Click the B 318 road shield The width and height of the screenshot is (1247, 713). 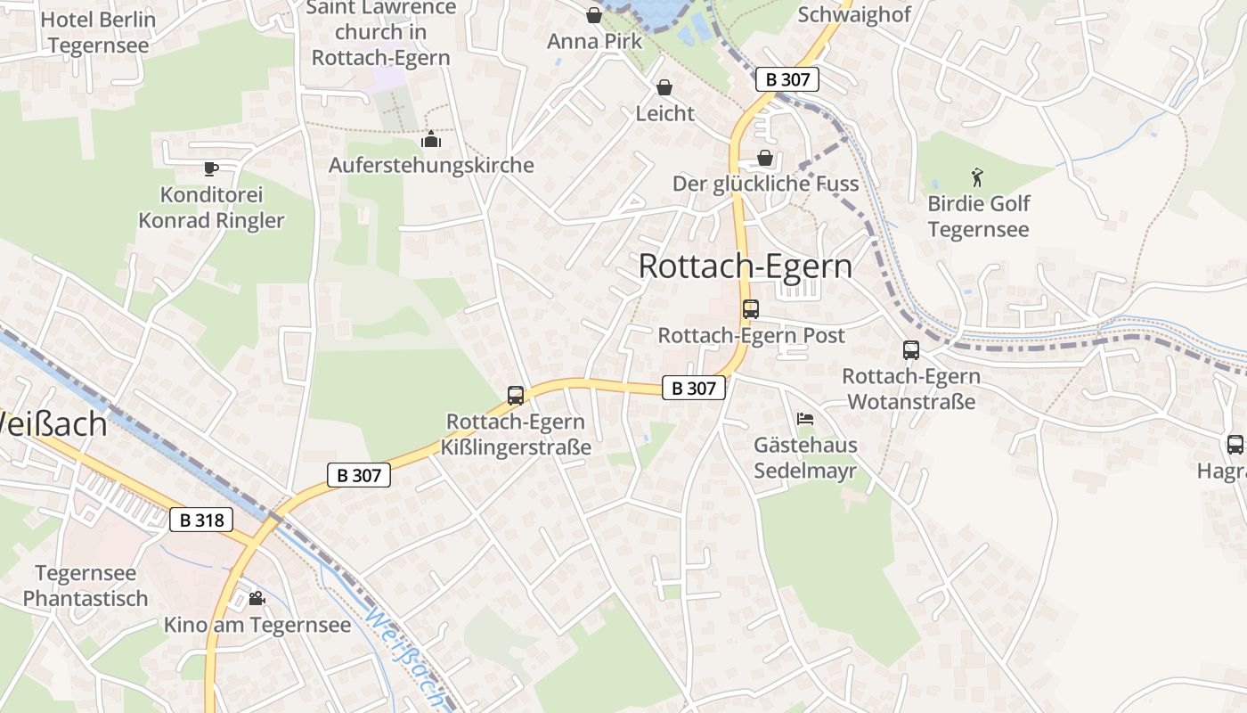[201, 520]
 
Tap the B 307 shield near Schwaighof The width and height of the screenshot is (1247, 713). [787, 79]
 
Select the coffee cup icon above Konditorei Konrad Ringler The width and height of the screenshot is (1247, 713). [210, 168]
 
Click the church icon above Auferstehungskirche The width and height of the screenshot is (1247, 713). [431, 139]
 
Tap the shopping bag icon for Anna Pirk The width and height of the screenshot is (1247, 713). [594, 15]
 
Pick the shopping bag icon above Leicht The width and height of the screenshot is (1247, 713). [664, 87]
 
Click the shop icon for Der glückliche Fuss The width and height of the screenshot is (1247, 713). [764, 158]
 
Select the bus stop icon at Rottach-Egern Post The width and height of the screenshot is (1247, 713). [751, 309]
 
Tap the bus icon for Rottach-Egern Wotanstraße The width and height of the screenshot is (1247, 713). [911, 350]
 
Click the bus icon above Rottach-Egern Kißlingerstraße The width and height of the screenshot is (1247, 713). [516, 395]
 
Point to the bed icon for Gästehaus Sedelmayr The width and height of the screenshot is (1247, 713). [805, 418]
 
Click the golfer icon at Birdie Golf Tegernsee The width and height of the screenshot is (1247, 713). [977, 177]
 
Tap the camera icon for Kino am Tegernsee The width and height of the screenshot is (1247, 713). [257, 598]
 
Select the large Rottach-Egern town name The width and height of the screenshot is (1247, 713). [746, 266]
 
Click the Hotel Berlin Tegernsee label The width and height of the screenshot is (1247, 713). [99, 32]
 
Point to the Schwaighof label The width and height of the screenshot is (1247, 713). [853, 14]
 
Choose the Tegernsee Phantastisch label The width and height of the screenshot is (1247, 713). [86, 586]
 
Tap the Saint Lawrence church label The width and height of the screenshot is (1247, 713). [381, 33]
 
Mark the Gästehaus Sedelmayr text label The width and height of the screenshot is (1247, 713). [805, 458]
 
